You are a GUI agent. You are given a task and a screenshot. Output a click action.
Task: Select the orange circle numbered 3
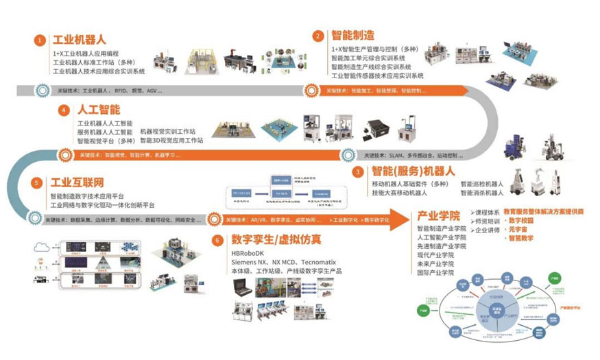point(357,172)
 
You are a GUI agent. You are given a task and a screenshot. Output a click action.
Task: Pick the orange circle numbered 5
point(36,183)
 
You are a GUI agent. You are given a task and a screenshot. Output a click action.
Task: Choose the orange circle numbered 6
point(217,241)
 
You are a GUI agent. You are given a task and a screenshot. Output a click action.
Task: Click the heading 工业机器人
point(78,39)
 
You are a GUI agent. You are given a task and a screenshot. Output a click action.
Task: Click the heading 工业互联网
point(76,183)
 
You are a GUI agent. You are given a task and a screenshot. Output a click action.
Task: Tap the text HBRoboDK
point(251,253)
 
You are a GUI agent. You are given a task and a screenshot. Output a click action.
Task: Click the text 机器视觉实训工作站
point(167,131)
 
